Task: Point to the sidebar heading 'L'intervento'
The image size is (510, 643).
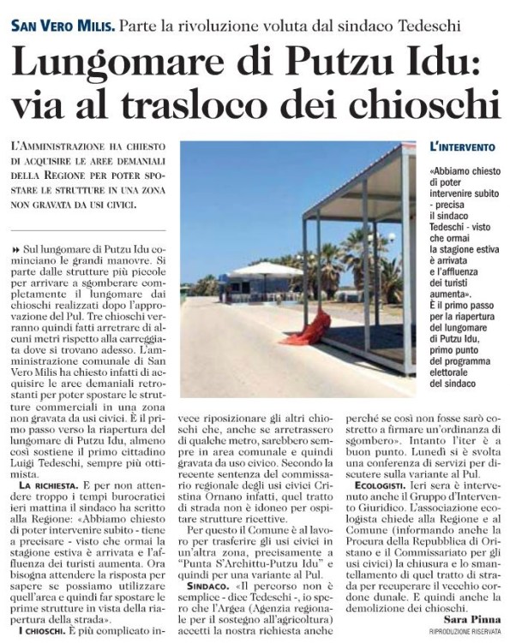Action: [x=464, y=147]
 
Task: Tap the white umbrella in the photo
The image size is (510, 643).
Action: [x=267, y=270]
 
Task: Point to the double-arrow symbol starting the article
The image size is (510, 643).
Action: [x=16, y=247]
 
